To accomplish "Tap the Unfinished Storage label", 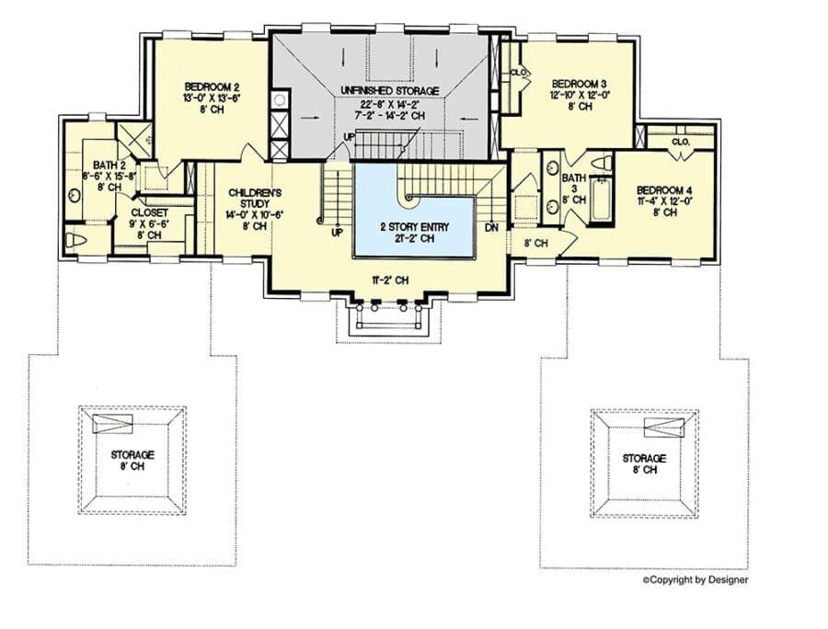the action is (x=390, y=91).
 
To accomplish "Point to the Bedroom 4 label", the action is (x=664, y=190).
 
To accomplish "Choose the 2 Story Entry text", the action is (x=415, y=227).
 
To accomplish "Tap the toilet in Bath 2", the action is (x=75, y=241).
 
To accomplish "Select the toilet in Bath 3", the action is (x=603, y=162).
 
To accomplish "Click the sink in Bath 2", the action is (x=74, y=196).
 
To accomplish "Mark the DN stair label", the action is (x=491, y=228).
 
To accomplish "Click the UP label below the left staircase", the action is (x=337, y=232).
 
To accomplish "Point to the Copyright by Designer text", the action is (x=696, y=580).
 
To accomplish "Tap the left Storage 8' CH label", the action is (x=132, y=460).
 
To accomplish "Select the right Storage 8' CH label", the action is (x=644, y=463).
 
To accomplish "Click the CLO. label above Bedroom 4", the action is (x=681, y=142).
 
